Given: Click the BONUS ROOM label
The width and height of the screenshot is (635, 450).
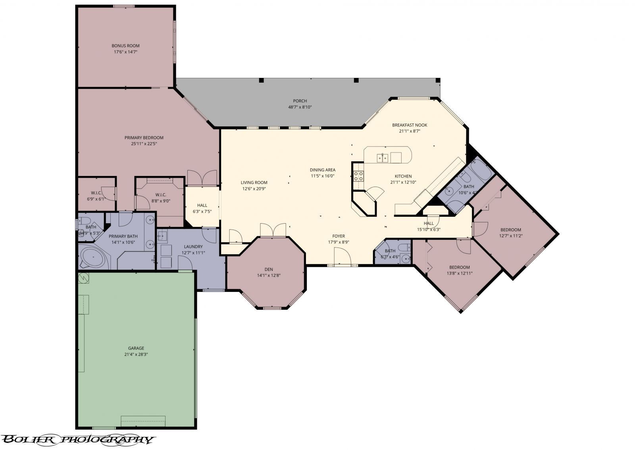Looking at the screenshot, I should pos(125,46).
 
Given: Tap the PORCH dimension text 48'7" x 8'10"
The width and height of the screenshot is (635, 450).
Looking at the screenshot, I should pos(300,107).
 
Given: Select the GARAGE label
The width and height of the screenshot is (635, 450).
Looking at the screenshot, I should pos(136,348).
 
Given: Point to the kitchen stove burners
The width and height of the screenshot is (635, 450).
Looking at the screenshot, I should pos(358,176).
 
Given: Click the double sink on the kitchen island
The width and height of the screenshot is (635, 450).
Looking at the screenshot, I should pos(383,158).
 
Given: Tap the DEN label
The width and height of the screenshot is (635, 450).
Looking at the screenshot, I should pos(269,269).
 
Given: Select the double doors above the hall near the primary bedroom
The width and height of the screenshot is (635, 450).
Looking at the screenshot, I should pos(202,178).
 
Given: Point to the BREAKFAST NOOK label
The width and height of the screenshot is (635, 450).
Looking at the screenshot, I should pos(410,125).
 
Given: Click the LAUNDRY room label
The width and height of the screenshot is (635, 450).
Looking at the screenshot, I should pos(193,247).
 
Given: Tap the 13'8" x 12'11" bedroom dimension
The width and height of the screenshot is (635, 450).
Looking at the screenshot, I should pos(460,273).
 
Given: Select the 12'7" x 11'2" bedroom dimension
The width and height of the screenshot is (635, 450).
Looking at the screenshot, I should pos(511,236).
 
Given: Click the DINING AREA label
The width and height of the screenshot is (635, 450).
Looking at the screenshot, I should pos(323,170).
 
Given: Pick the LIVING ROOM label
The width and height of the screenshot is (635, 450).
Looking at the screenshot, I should pos(254,183).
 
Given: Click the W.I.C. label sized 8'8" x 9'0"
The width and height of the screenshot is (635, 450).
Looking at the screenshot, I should pos(161,195).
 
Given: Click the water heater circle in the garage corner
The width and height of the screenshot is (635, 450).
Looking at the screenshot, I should pos(84,278).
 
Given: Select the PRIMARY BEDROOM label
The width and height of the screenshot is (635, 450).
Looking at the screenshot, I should pos(144,138).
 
